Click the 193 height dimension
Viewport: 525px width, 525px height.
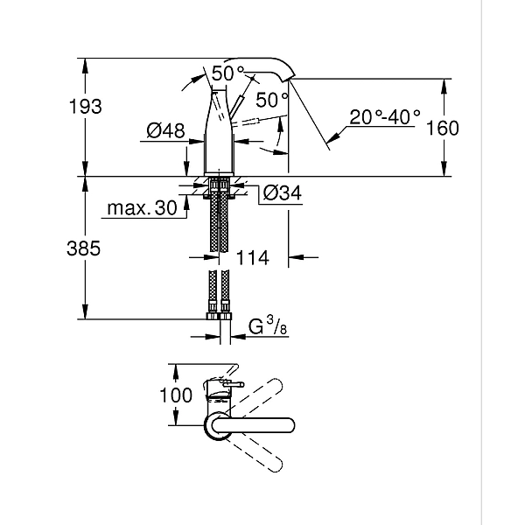pos(84,107)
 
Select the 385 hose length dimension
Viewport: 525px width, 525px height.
pos(84,248)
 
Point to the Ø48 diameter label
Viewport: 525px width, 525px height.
pos(165,131)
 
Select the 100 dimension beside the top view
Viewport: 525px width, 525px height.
pos(176,395)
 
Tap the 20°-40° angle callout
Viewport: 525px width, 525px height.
pos(386,115)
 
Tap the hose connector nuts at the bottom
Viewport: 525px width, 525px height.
pos(219,308)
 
